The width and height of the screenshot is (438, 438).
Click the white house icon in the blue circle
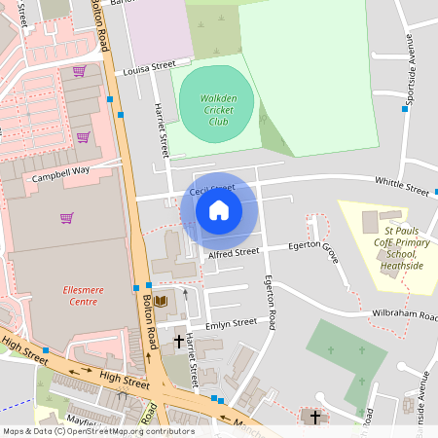pyautogui.click(x=219, y=209)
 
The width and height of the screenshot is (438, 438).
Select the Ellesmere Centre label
pyautogui.click(x=68, y=295)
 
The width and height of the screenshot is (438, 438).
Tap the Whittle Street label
pyautogui.click(x=402, y=186)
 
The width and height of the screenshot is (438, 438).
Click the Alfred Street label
pyautogui.click(x=234, y=252)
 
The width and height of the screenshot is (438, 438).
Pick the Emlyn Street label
pyautogui.click(x=231, y=322)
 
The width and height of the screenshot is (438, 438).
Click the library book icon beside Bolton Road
pyautogui.click(x=161, y=301)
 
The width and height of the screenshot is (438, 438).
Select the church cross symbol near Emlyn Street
pyautogui.click(x=178, y=342)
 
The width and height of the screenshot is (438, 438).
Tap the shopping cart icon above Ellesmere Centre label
pyautogui.click(x=66, y=218)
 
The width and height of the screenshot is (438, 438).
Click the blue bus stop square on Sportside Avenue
pyautogui.click(x=405, y=108)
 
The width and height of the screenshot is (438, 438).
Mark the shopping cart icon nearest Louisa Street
pyautogui.click(x=79, y=70)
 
